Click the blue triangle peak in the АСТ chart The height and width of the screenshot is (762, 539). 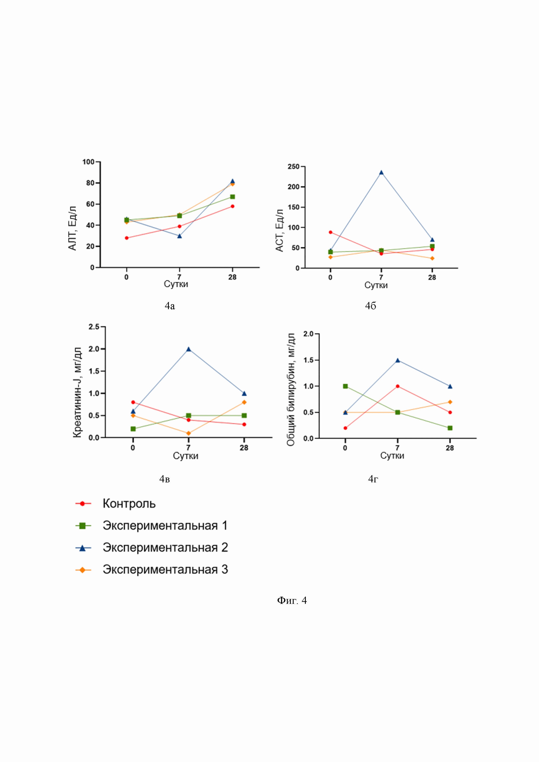pos(381,173)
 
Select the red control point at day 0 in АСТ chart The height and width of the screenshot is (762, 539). pos(330,232)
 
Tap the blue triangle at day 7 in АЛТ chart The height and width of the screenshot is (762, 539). pos(179,236)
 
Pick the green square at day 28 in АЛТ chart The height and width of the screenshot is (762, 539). pos(232,197)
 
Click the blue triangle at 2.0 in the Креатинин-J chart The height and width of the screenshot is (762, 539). pos(188,349)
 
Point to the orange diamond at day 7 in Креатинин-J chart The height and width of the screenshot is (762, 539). pos(188,433)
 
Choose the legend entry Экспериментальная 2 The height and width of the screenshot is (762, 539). pos(165,548)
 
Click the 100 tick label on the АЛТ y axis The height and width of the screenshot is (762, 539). pos(89,162)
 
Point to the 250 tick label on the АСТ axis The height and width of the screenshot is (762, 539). pos(293,167)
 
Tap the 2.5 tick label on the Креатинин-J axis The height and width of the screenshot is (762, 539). pos(94,327)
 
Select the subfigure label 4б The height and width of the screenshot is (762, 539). pos(370,306)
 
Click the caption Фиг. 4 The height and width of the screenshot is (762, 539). pos(292,600)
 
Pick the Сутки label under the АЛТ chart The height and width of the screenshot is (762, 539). pos(176,284)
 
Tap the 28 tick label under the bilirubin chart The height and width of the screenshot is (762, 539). pos(449,448)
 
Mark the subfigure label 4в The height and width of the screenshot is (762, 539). pos(165,479)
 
